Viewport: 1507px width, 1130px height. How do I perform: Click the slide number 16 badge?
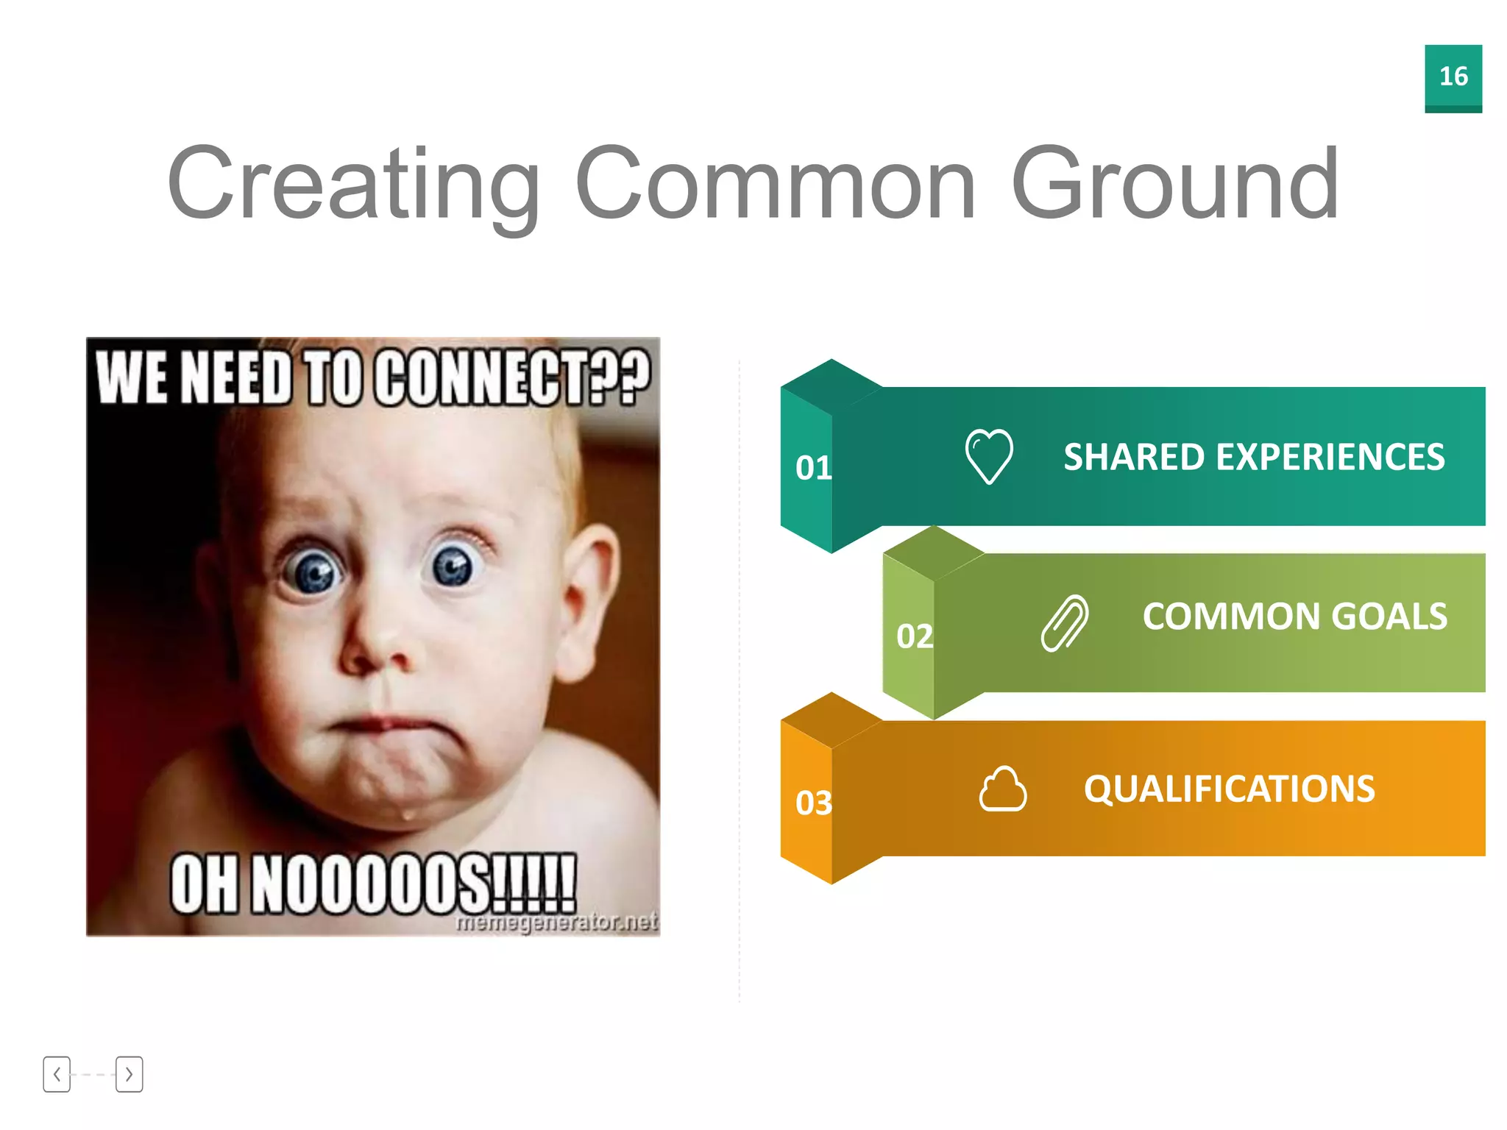coord(1453,77)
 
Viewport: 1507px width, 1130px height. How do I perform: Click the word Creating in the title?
coord(354,184)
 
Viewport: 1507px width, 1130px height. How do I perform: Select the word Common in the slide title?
coord(776,184)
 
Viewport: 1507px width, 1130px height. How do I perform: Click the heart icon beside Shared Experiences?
coord(988,456)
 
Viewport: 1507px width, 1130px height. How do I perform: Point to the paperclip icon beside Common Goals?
coord(1064,623)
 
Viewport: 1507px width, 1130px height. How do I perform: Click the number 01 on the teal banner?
coord(813,468)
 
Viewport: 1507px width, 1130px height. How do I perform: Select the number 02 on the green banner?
coord(914,636)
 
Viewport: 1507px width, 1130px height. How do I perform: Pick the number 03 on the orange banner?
coord(813,803)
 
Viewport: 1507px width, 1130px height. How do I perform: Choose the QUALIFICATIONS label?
coord(1229,789)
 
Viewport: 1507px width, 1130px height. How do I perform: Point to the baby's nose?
coord(372,647)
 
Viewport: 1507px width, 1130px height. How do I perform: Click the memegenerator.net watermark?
coord(556,922)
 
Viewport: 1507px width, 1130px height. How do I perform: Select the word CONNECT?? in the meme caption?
coord(511,377)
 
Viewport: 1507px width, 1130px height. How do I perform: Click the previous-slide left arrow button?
coord(57,1074)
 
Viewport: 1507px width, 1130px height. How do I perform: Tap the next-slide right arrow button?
coord(129,1074)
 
